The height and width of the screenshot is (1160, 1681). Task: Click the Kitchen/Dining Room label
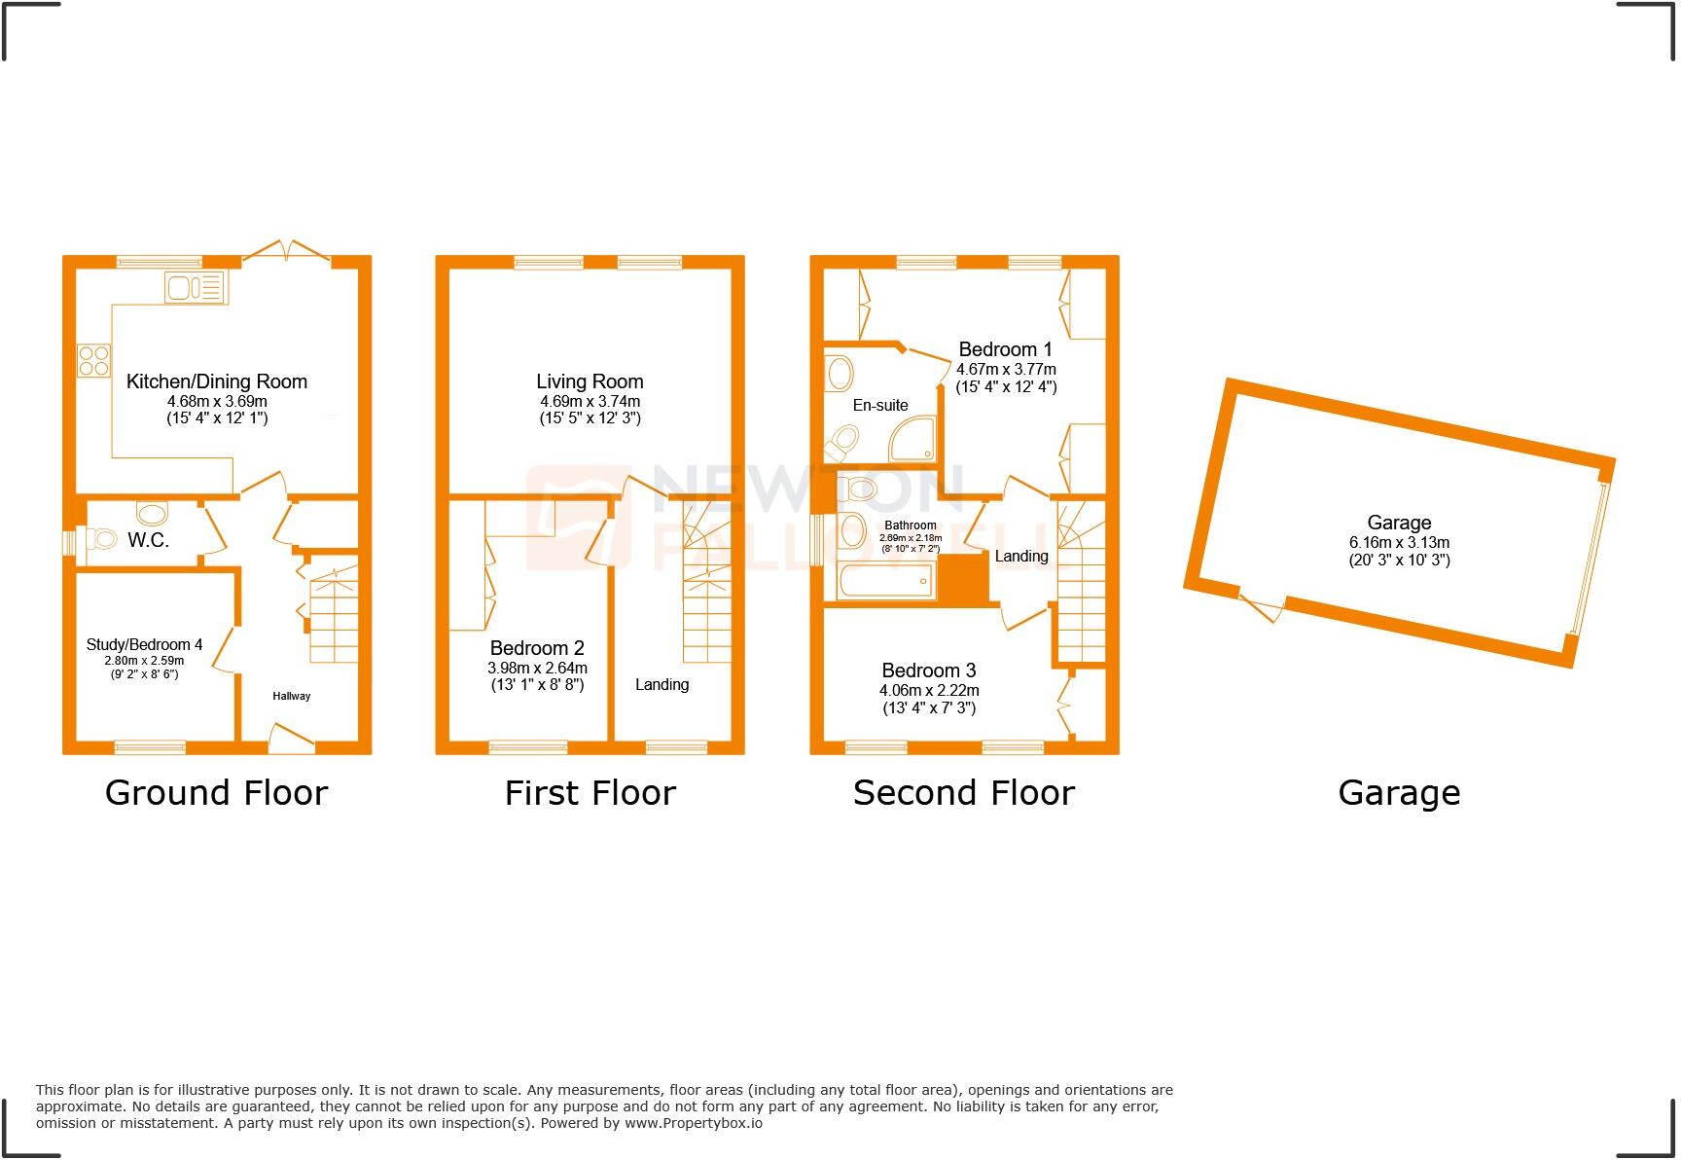(217, 381)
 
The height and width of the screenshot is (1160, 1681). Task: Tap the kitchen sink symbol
(196, 287)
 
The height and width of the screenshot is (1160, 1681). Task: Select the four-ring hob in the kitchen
(94, 361)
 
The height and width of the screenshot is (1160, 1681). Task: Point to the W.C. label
(148, 540)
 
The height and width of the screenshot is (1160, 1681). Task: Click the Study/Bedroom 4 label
(144, 644)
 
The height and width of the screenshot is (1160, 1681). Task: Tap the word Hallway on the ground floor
(291, 696)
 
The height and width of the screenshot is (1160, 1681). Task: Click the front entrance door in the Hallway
(292, 739)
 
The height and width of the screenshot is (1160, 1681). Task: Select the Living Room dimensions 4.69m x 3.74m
(590, 401)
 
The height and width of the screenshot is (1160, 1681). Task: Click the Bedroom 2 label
(537, 648)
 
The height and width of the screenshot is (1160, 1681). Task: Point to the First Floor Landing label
(662, 684)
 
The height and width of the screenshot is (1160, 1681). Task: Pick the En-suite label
(880, 405)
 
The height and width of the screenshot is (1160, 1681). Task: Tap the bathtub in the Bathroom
(885, 582)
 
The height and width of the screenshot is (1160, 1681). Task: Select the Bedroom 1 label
(1005, 349)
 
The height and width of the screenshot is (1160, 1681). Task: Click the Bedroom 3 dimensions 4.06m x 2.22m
(929, 690)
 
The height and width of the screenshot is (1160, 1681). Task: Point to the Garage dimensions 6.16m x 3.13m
(1399, 542)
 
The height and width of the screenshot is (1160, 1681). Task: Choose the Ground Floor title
(216, 793)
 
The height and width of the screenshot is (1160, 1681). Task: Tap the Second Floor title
(963, 793)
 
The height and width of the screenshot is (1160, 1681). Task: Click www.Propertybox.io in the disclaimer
(693, 1123)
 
